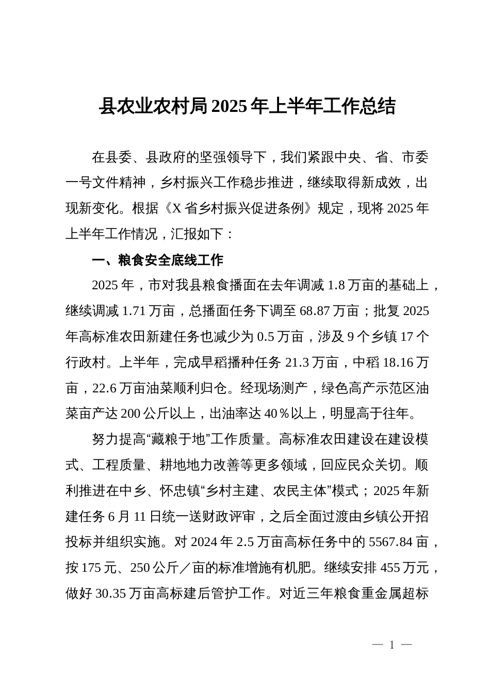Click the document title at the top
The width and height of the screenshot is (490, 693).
pyautogui.click(x=247, y=106)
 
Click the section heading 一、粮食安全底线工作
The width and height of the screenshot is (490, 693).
pyautogui.click(x=157, y=260)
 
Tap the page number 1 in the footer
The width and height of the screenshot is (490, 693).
pyautogui.click(x=392, y=645)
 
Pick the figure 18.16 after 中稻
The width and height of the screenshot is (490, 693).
pyautogui.click(x=399, y=362)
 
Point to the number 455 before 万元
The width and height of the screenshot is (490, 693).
pyautogui.click(x=389, y=568)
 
